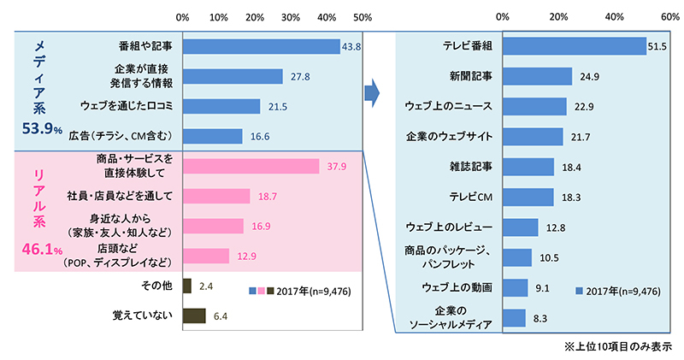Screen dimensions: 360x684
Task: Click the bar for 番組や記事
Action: (x=261, y=46)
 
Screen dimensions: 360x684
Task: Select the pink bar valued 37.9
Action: (x=251, y=166)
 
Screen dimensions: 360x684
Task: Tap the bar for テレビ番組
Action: (x=574, y=46)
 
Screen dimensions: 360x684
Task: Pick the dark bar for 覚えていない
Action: (x=194, y=316)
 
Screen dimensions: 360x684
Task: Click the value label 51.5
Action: (x=657, y=46)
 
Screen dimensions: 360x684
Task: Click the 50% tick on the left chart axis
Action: (x=363, y=16)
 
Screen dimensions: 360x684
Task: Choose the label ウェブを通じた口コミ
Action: (x=127, y=106)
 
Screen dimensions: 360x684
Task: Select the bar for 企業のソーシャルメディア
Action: (x=514, y=317)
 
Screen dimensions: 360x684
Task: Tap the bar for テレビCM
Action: (x=528, y=197)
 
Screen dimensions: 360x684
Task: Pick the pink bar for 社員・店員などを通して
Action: (x=216, y=197)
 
